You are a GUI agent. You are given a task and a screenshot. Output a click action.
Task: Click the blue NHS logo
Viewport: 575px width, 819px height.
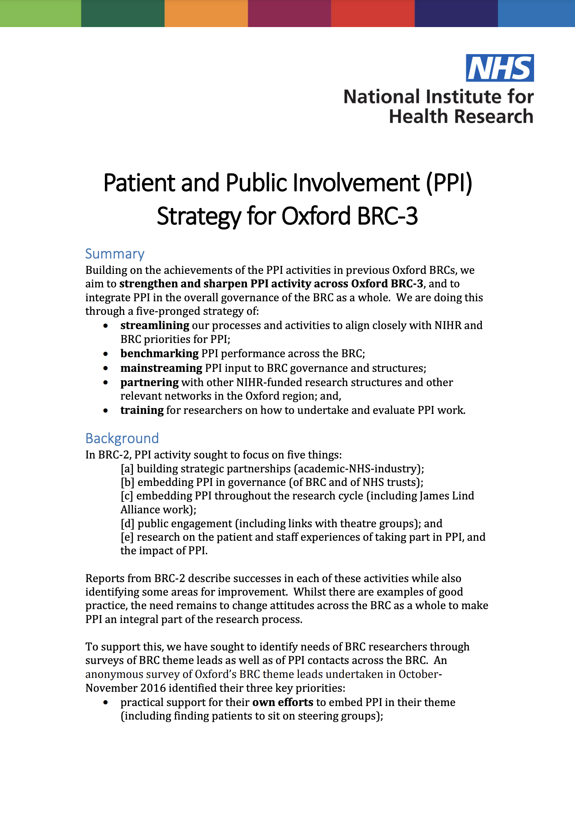pyautogui.click(x=499, y=68)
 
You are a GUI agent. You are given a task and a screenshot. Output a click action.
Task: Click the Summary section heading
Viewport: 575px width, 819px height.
pyautogui.click(x=115, y=254)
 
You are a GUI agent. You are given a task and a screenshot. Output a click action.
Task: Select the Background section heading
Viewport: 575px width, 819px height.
pyautogui.click(x=122, y=438)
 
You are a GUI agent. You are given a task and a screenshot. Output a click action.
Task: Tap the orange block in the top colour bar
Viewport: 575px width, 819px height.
pyautogui.click(x=206, y=13)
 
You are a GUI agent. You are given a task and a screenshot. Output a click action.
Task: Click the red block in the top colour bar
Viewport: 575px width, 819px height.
pyautogui.click(x=373, y=13)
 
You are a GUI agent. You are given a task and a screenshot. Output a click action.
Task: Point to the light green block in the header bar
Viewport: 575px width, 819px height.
pyautogui.click(x=40, y=13)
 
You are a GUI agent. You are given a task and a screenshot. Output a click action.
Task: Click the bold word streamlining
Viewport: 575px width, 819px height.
pyautogui.click(x=155, y=325)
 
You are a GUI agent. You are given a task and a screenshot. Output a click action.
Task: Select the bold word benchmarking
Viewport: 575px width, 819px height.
pyautogui.click(x=159, y=353)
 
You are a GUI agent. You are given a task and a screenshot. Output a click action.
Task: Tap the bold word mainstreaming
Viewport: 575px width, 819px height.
pyautogui.click(x=161, y=368)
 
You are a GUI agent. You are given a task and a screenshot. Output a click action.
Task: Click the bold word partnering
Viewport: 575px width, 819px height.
pyautogui.click(x=149, y=382)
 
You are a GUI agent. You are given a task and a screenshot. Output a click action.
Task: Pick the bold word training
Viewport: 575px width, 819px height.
pyautogui.click(x=142, y=410)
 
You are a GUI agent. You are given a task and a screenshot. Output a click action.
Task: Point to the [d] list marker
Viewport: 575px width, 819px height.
pyautogui.click(x=127, y=524)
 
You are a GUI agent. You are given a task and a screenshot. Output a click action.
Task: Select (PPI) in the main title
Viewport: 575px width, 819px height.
pyautogui.click(x=449, y=182)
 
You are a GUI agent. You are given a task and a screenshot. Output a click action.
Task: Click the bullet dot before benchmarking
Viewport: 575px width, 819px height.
pyautogui.click(x=106, y=354)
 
